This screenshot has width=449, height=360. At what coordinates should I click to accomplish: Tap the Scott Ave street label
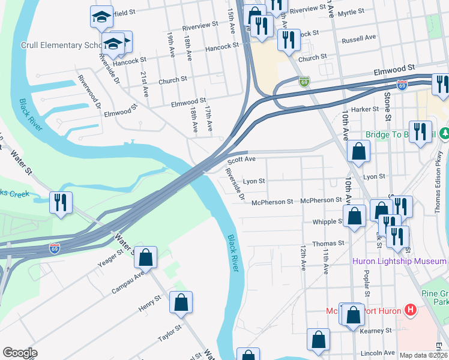(241, 160)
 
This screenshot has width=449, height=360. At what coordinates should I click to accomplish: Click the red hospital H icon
(411, 310)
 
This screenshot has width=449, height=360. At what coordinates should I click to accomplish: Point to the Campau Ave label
(128, 283)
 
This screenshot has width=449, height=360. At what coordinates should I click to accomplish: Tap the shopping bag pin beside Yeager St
(145, 258)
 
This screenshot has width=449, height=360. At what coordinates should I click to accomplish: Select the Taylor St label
(170, 334)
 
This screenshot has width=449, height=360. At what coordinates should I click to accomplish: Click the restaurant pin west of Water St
(61, 203)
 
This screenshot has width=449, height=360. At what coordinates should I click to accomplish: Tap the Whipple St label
(328, 222)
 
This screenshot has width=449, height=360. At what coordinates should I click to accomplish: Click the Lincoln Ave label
(378, 353)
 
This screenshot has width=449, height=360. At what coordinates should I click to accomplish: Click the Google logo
(20, 353)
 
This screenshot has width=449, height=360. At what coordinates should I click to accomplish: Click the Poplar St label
(366, 278)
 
